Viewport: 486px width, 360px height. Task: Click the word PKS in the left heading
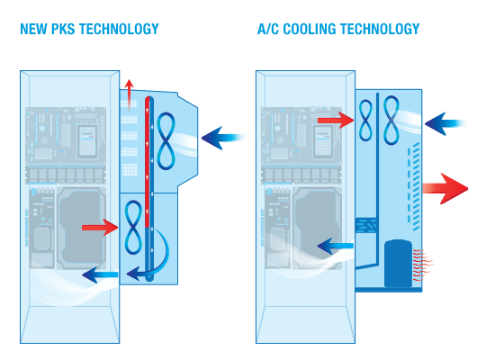63,29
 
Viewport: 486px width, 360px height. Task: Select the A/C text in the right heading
268,29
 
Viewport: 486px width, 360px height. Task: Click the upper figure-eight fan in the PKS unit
166,141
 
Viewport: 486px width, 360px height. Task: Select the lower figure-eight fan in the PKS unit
133,228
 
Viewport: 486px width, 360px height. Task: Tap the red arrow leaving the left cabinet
100,228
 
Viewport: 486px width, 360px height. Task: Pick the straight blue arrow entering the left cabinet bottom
100,274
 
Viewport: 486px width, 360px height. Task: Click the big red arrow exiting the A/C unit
445,188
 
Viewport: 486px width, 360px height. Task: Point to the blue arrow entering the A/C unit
445,123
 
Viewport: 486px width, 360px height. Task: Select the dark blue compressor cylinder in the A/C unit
399,264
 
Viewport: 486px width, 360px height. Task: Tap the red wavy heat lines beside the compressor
422,265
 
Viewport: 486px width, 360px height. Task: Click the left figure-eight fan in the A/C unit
365,120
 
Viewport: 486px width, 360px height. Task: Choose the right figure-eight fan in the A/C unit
391,121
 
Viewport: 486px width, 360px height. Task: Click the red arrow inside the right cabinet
336,121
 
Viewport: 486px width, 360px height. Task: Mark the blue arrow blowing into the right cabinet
336,246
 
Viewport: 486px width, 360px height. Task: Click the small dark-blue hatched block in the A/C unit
365,225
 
